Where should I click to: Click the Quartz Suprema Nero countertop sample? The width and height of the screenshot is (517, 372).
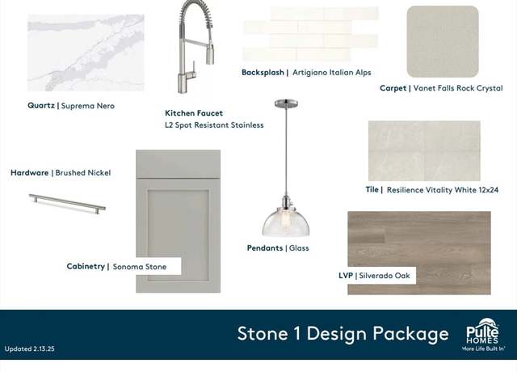[86, 53]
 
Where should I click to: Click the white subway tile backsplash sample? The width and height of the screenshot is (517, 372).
[311, 34]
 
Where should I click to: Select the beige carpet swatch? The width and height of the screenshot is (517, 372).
[443, 41]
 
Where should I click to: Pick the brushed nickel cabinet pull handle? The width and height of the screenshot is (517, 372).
[67, 204]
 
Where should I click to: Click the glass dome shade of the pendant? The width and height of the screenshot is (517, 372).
[286, 222]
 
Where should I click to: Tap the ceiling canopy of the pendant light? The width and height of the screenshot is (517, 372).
[286, 104]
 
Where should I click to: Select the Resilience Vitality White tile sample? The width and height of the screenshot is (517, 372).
[424, 151]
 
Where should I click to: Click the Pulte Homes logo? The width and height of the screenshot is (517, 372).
[483, 334]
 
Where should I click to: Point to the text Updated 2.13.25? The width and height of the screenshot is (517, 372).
[30, 349]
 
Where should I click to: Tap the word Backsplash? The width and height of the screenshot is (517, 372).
[263, 72]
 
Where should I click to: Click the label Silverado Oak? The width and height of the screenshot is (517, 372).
[385, 276]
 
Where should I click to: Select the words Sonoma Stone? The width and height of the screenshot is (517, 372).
[140, 267]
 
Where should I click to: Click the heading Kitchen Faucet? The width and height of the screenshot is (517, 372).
[194, 113]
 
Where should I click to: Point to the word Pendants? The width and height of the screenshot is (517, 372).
[265, 248]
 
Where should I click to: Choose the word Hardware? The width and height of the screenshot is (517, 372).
[30, 172]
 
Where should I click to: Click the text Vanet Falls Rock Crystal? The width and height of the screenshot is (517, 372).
[458, 88]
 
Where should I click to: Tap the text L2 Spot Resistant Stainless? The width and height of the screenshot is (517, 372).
[214, 125]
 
